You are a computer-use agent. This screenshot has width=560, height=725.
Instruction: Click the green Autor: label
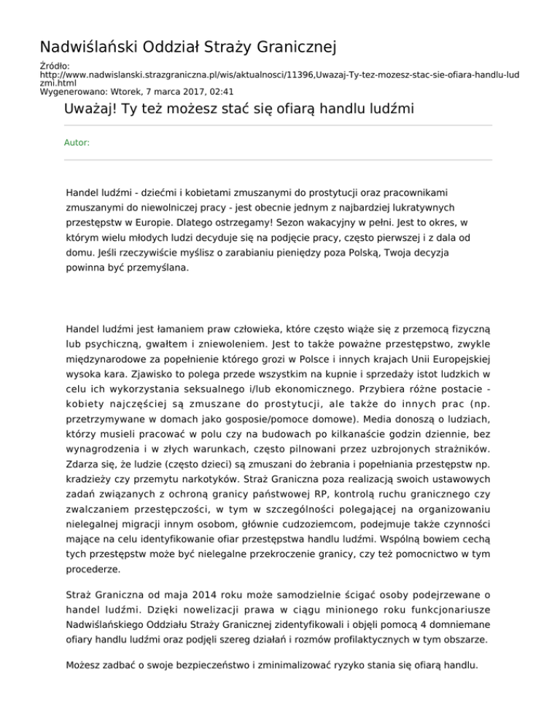point(77,143)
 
